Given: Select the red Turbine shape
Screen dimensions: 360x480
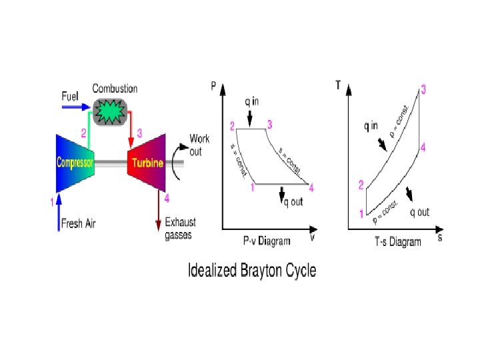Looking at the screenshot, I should (147, 163).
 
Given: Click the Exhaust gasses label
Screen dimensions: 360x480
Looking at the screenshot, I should (180, 228).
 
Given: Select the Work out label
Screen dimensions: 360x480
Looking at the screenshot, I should (199, 144).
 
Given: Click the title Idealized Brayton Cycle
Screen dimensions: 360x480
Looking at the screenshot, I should (253, 271).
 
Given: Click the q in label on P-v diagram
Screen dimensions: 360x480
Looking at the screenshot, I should (251, 102).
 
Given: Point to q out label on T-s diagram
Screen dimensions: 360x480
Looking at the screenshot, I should (419, 213).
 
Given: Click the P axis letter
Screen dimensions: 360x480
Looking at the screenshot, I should (213, 85).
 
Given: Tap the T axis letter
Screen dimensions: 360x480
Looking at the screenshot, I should (339, 85).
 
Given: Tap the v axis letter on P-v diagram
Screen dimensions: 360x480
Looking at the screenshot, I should (312, 236).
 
